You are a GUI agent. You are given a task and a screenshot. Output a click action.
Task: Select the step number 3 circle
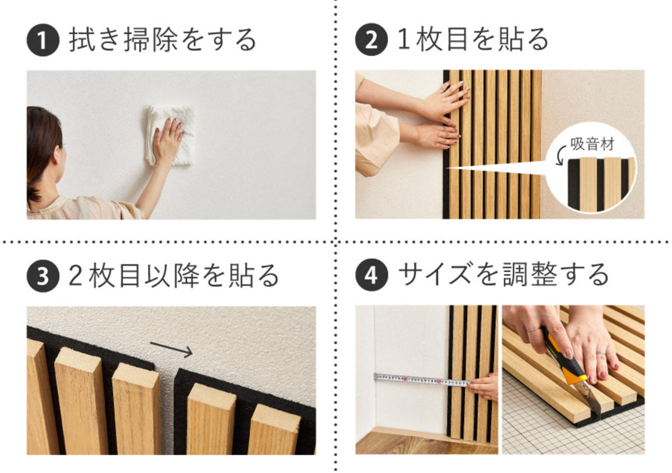(x=43, y=275)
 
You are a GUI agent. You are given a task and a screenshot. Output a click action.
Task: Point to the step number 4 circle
(x=371, y=275)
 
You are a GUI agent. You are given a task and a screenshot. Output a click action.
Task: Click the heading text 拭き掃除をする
(x=162, y=41)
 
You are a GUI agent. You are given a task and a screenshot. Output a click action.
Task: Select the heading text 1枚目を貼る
(x=473, y=41)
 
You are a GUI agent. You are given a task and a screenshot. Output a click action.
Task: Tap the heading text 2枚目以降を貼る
(x=174, y=275)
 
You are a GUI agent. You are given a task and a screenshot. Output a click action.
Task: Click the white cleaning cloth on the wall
(x=171, y=134)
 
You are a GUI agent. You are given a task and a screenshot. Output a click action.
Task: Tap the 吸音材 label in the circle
(x=592, y=144)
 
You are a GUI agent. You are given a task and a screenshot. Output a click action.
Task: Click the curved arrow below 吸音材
(x=560, y=156)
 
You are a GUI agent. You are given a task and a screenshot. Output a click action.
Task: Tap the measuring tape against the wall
(x=420, y=380)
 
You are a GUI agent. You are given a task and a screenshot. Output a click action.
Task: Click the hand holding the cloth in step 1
(x=167, y=140)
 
